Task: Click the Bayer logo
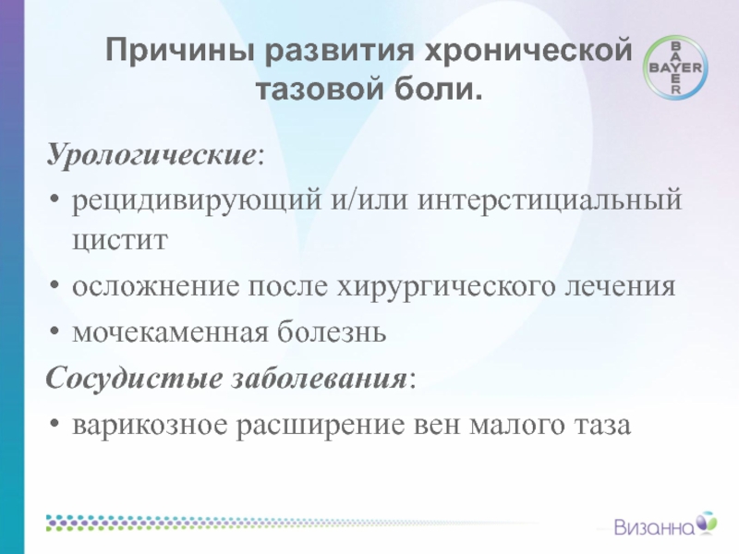676,67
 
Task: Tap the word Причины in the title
180,51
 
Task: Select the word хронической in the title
528,51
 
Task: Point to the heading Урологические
151,154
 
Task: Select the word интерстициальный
550,199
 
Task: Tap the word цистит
120,240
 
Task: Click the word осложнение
156,286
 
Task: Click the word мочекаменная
170,332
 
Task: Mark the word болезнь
332,331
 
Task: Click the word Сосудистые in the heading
134,379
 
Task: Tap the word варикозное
150,426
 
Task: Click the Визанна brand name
655,527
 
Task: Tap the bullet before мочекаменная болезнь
55,331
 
